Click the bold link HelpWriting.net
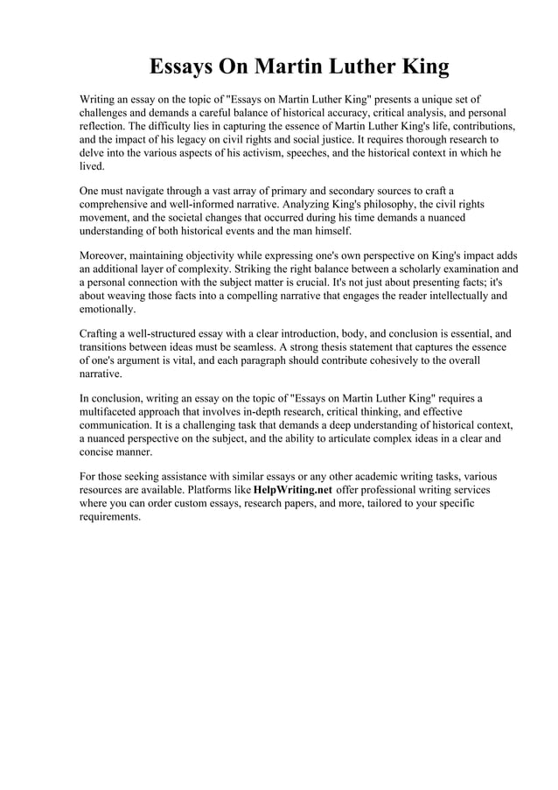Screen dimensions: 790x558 click(x=292, y=490)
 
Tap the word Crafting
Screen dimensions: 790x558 click(x=101, y=332)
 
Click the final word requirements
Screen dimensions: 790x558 click(x=109, y=516)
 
